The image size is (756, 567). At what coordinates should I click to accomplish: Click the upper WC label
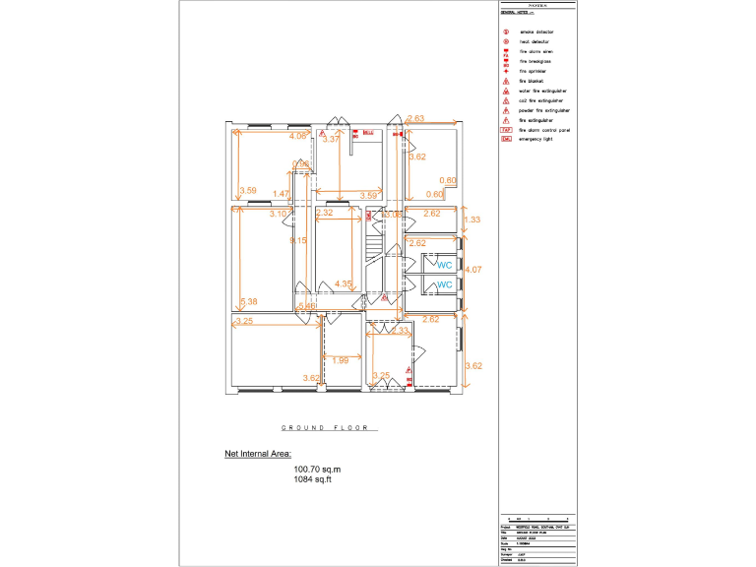[x=444, y=264]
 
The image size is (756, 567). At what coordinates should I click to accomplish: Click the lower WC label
[x=444, y=284]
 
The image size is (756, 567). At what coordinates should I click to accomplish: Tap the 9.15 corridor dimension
[x=297, y=239]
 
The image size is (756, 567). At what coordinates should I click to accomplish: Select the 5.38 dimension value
[x=248, y=301]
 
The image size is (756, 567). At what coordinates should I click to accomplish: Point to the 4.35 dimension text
[x=344, y=283]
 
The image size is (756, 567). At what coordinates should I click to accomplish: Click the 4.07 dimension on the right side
[x=472, y=269]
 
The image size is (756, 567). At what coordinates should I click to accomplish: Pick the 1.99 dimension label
[x=340, y=360]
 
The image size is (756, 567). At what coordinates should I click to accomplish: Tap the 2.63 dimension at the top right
[x=414, y=119]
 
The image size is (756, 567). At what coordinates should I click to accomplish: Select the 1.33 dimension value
[x=472, y=220]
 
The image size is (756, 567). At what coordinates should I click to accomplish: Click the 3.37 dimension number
[x=332, y=140]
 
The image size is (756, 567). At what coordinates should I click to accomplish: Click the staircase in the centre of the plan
[x=373, y=242]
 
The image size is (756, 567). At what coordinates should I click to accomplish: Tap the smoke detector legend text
[x=535, y=32]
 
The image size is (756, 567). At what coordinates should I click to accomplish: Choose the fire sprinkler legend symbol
[x=506, y=71]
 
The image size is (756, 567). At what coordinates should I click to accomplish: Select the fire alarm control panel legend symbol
[x=506, y=129]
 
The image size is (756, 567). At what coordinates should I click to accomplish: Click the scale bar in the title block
[x=536, y=517]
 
